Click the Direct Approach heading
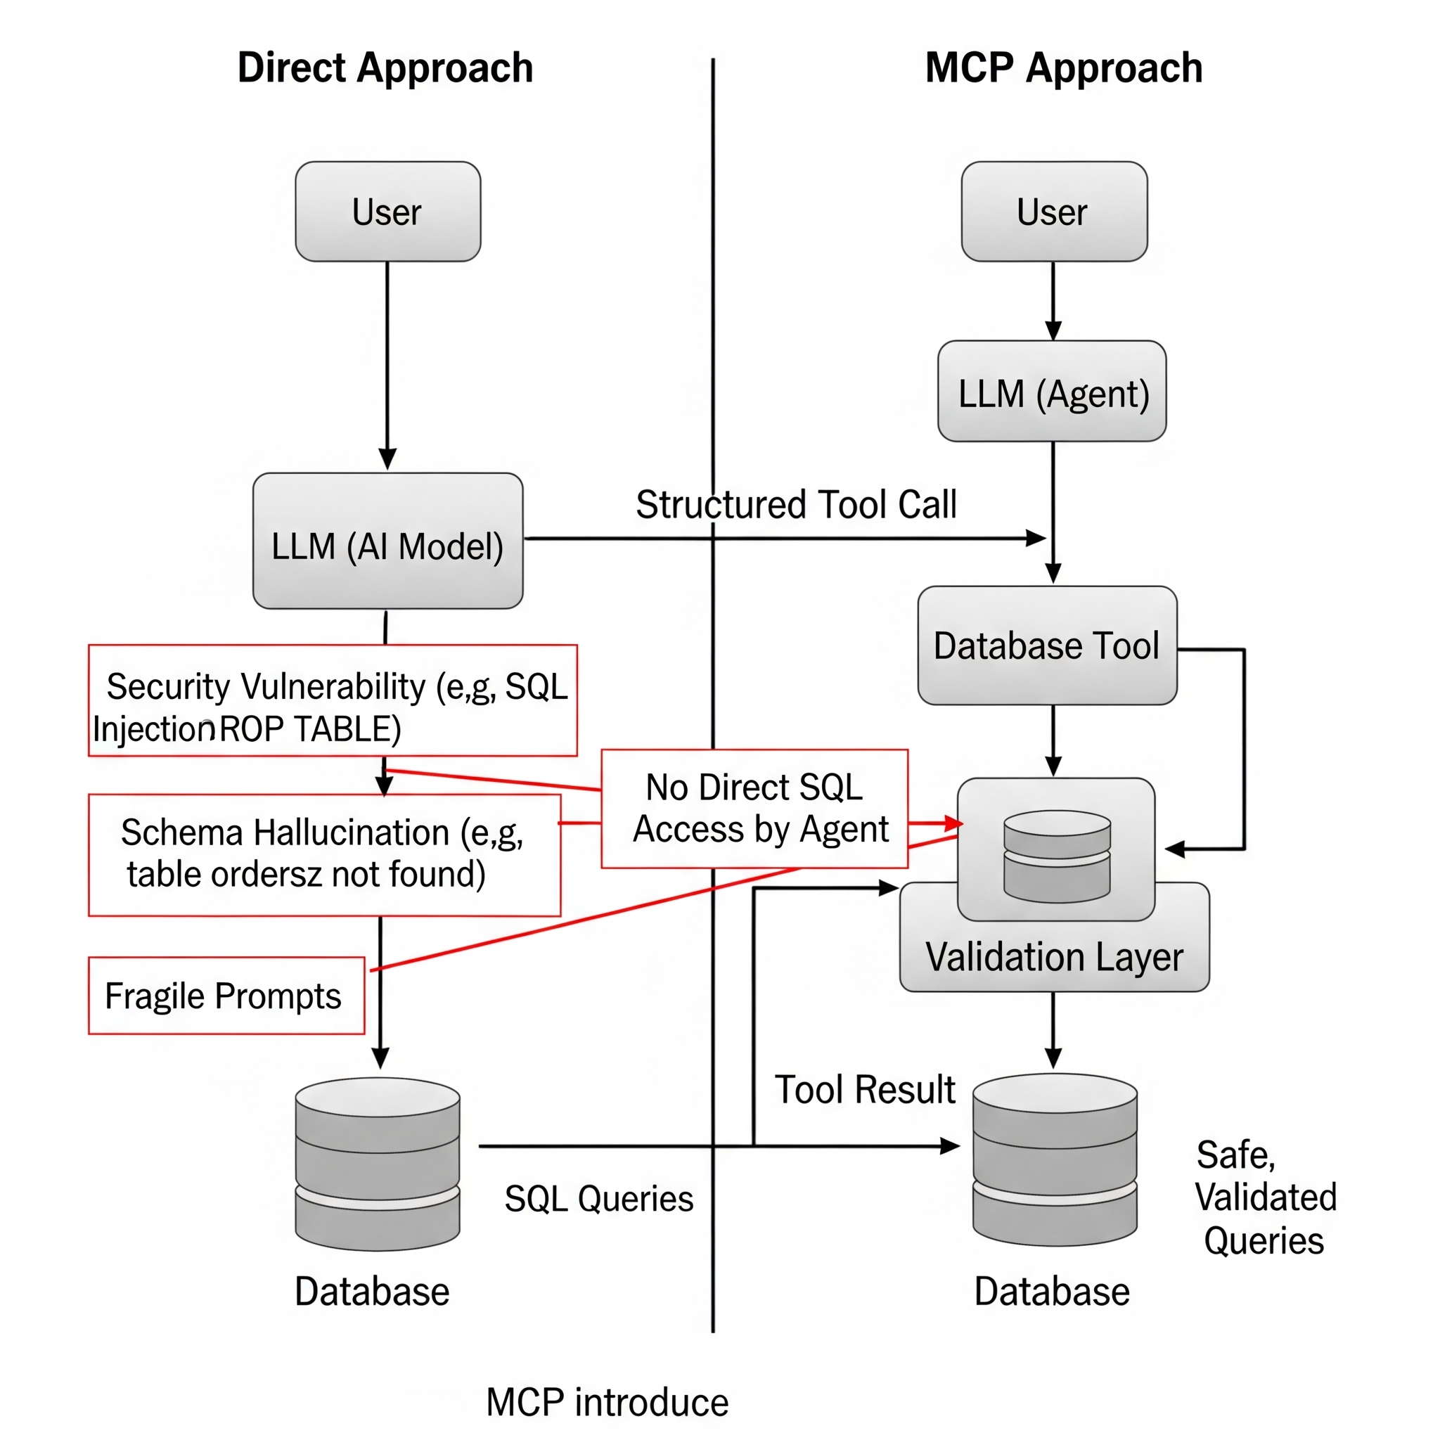(x=385, y=67)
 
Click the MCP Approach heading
(x=1063, y=67)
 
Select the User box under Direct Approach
(x=387, y=212)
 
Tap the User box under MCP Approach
(x=1053, y=212)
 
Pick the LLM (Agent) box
(x=1052, y=392)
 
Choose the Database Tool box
(x=1046, y=645)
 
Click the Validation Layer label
(x=1054, y=957)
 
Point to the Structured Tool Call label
(x=795, y=505)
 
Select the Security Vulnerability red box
(x=333, y=700)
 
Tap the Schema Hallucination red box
(x=324, y=854)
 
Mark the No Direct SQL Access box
(x=754, y=809)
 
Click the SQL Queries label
(x=598, y=1200)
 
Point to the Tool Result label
(x=865, y=1090)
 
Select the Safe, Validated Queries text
(x=1265, y=1197)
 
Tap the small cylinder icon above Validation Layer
(x=1057, y=856)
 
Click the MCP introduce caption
(x=607, y=1403)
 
